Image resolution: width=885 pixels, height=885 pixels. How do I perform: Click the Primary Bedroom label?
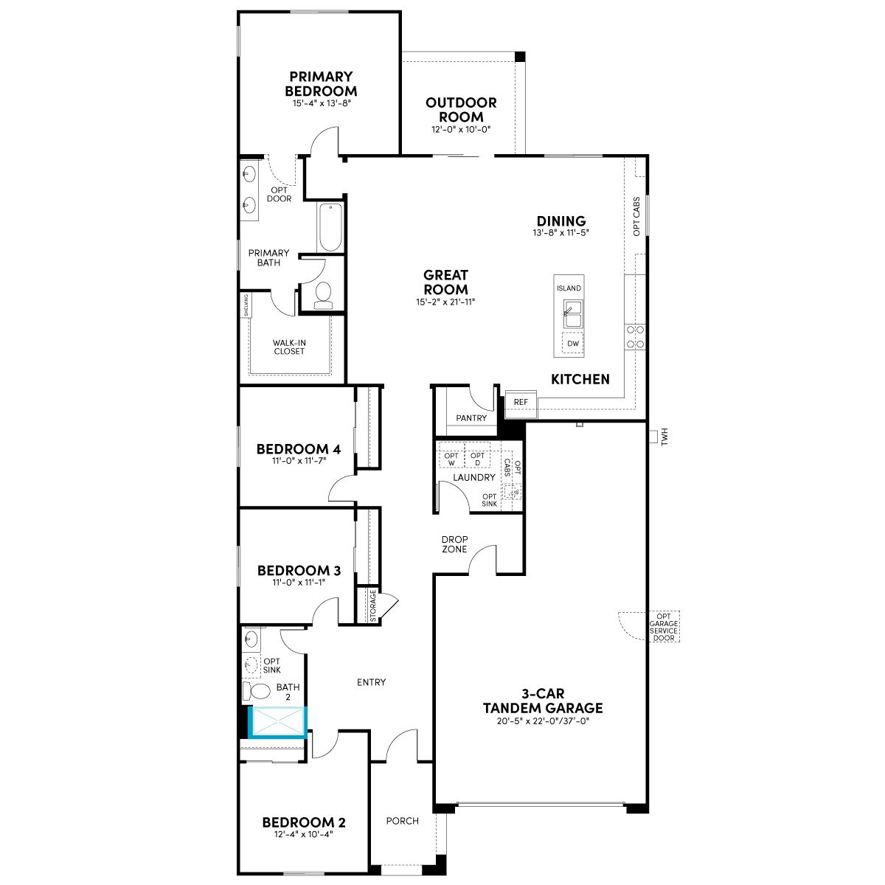click(321, 83)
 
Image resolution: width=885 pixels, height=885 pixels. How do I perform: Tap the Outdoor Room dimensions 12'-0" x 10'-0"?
click(461, 130)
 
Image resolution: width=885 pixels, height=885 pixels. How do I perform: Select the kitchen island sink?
click(573, 315)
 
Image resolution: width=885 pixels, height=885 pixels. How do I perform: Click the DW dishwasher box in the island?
click(573, 344)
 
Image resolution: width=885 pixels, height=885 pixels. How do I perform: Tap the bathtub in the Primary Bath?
click(330, 227)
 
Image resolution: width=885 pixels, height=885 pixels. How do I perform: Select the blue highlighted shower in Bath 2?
click(278, 722)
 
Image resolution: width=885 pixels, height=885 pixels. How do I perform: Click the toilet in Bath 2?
click(256, 690)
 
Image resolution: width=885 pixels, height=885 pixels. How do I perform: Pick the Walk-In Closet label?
click(289, 347)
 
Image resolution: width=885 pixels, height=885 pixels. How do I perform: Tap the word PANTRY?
click(471, 418)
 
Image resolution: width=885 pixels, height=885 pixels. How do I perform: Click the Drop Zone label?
click(455, 544)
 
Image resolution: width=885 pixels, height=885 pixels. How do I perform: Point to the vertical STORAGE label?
click(373, 605)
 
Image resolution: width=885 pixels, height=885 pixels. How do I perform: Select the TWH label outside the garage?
click(664, 437)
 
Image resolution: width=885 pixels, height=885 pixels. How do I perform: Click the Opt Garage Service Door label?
click(664, 627)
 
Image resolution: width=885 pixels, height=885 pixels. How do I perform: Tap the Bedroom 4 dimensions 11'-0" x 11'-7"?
click(299, 460)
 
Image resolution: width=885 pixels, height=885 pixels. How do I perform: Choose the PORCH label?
click(403, 821)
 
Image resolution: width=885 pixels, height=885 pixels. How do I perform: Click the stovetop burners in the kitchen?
click(635, 336)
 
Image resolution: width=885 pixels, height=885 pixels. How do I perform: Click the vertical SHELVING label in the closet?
click(246, 305)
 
